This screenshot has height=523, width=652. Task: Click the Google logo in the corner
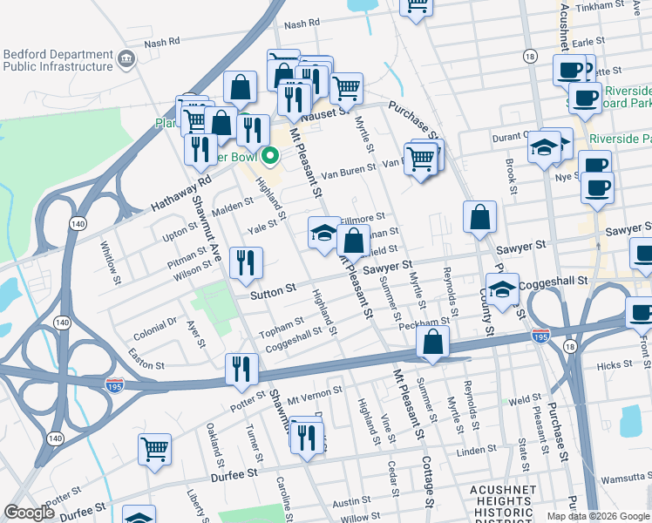pyautogui.click(x=28, y=513)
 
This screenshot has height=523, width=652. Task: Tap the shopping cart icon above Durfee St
pyautogui.click(x=154, y=450)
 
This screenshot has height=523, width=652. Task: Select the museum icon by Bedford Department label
pyautogui.click(x=126, y=59)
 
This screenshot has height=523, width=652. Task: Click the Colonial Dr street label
pyautogui.click(x=156, y=329)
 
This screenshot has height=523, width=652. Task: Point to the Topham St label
pyautogui.click(x=279, y=329)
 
